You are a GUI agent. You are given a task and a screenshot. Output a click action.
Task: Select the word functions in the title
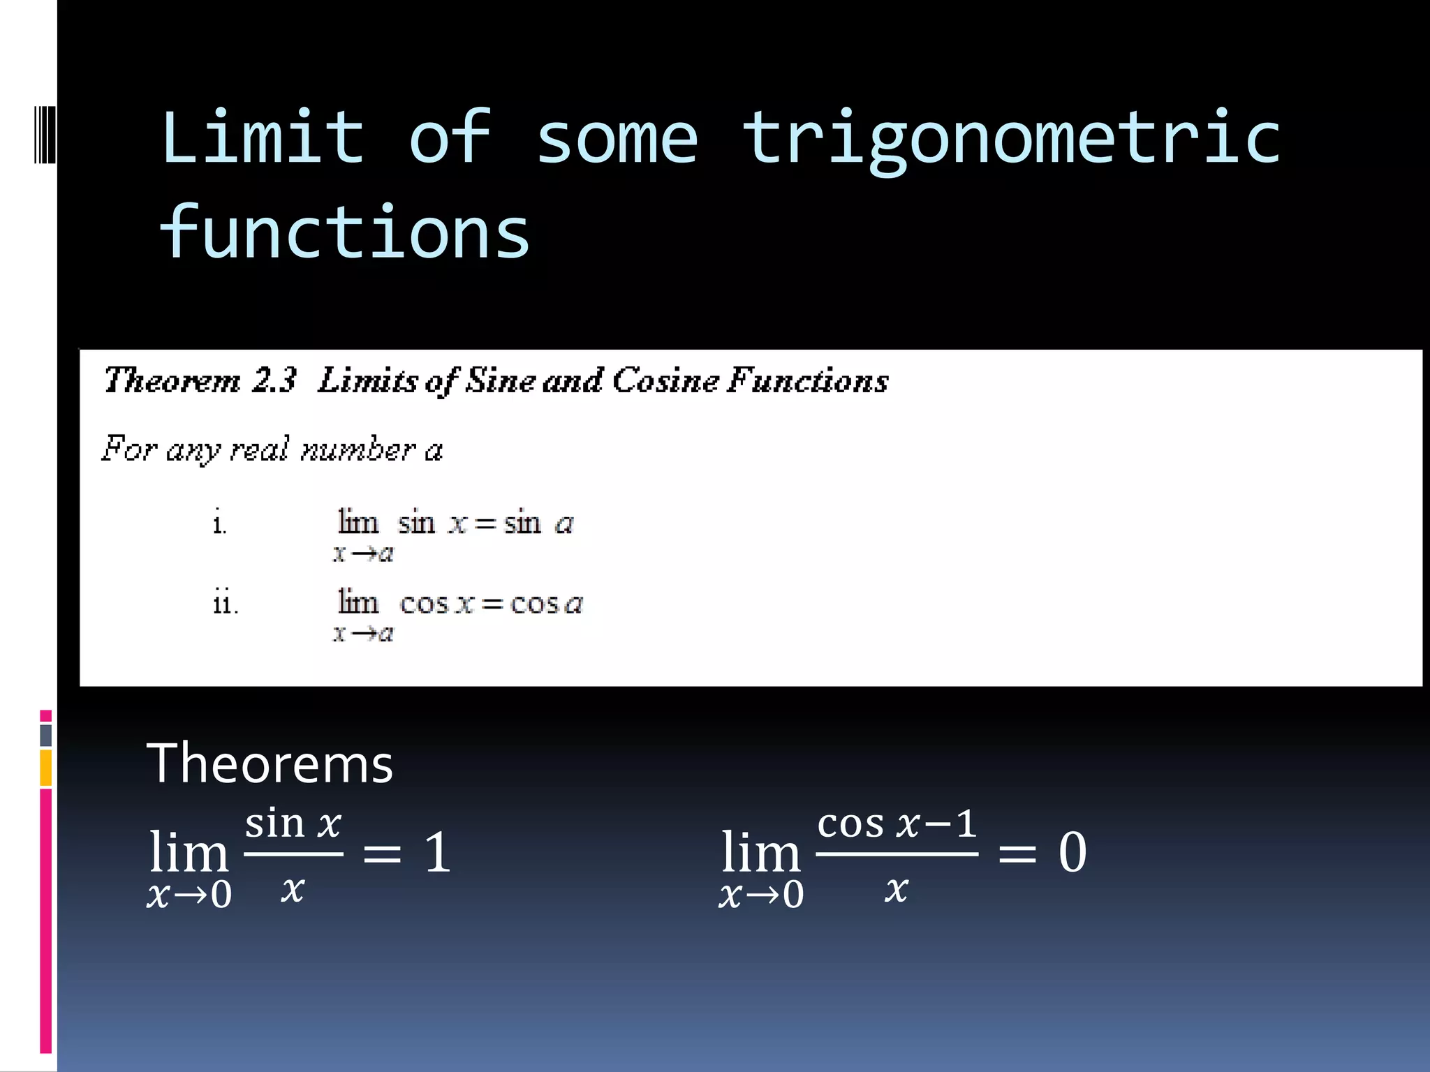click(x=345, y=232)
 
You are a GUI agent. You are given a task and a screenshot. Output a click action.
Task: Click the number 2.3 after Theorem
click(x=274, y=380)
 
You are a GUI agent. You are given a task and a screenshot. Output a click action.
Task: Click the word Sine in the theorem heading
click(x=500, y=380)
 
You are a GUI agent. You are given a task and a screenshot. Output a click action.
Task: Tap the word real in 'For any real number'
click(x=259, y=449)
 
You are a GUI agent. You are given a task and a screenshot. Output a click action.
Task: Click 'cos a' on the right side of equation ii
click(x=546, y=603)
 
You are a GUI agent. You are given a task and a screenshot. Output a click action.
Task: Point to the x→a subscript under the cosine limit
click(x=363, y=634)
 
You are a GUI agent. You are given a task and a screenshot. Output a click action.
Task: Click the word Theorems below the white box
click(x=270, y=764)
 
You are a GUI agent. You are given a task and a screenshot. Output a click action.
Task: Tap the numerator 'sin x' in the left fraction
click(x=293, y=824)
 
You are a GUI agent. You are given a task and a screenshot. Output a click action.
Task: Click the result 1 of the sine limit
click(x=438, y=852)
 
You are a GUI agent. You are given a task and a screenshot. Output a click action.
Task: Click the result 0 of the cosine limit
click(x=1072, y=852)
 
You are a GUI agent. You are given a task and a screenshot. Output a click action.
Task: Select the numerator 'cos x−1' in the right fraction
click(x=897, y=824)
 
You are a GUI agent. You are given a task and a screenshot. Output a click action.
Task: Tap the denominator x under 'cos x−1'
click(x=897, y=889)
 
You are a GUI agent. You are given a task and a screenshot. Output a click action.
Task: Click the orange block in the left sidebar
click(x=46, y=767)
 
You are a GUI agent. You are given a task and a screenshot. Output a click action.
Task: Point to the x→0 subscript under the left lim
click(x=189, y=895)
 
